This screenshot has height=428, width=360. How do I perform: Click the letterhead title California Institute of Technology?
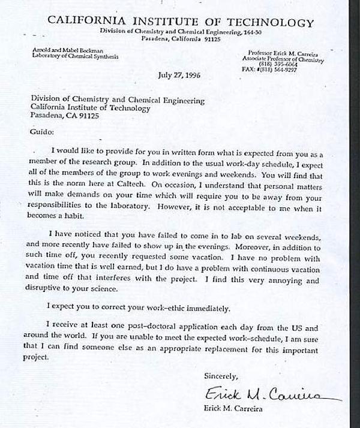click(180, 23)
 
